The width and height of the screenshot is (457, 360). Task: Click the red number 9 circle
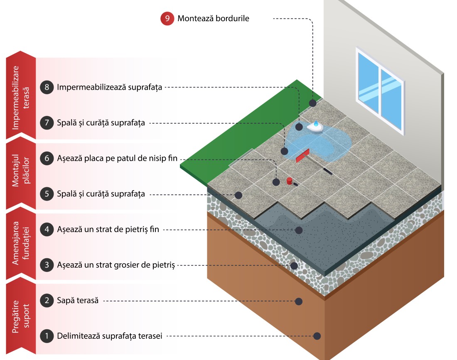click(x=167, y=19)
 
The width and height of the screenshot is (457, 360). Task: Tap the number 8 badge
click(x=47, y=87)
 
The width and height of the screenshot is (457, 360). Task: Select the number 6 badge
click(x=47, y=158)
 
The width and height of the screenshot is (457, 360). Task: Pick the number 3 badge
click(x=47, y=264)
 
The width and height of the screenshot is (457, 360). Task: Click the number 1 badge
click(x=47, y=336)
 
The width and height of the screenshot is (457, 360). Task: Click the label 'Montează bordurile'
click(x=213, y=19)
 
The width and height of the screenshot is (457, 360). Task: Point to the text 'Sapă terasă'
click(x=78, y=300)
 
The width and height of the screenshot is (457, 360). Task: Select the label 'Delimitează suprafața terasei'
click(x=109, y=336)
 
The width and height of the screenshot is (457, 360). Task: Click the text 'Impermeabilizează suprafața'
click(x=109, y=87)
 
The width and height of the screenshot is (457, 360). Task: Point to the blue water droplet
click(x=316, y=123)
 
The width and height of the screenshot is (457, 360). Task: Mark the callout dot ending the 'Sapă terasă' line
click(x=298, y=301)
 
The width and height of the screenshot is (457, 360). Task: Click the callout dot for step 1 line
click(x=317, y=336)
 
